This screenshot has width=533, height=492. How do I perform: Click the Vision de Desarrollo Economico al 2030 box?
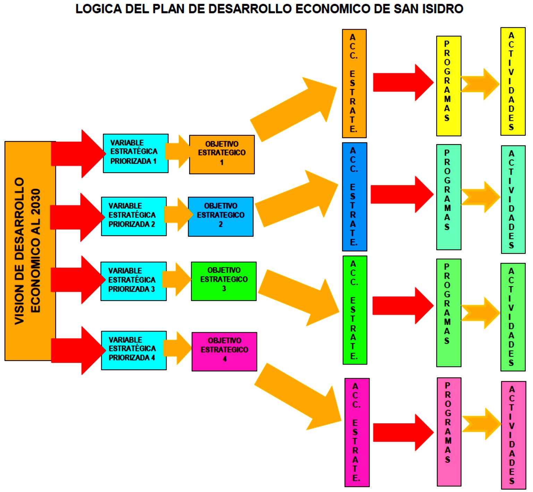[30, 251]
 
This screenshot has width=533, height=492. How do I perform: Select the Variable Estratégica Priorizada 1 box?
[135, 153]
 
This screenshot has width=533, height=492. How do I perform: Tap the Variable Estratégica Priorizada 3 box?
[133, 281]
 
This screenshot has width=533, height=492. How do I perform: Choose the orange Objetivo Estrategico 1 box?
[222, 155]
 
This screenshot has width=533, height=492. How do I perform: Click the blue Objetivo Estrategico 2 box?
[221, 217]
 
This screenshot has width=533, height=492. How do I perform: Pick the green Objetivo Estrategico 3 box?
[224, 281]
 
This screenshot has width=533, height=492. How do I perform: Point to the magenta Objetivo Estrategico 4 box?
[225, 351]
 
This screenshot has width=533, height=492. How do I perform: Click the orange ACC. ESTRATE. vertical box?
[354, 83]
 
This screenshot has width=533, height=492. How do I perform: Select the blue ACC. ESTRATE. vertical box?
[354, 197]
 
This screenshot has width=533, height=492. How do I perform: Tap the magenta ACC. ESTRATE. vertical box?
[357, 432]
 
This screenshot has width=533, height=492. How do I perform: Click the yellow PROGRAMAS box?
[448, 86]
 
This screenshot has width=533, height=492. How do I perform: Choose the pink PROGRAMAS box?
[449, 432]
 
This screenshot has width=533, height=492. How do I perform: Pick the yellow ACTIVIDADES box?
[513, 82]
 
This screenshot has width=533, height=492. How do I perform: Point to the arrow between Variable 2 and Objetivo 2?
[177, 215]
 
